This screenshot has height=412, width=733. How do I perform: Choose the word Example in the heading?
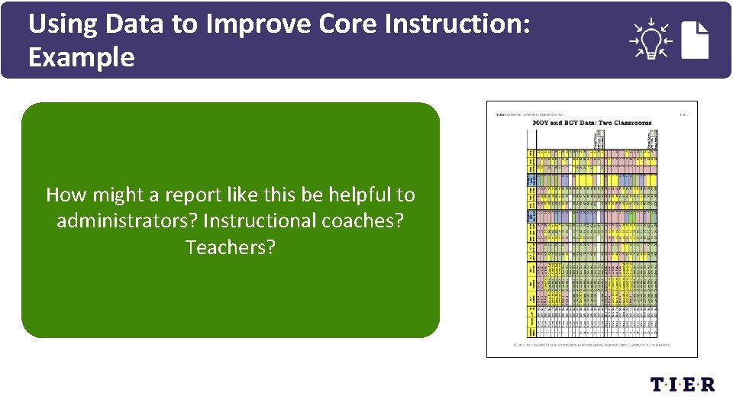(81, 57)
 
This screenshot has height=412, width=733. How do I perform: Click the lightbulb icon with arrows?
(650, 39)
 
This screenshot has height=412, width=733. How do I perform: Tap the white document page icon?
(695, 40)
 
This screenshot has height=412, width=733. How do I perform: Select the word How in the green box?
(64, 195)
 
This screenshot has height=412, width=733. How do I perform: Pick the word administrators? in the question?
(127, 221)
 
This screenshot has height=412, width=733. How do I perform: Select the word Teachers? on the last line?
(230, 247)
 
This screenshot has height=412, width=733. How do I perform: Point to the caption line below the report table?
(592, 344)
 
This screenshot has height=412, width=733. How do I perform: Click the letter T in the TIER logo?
(659, 385)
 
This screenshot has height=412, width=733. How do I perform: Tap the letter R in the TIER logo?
(707, 385)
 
